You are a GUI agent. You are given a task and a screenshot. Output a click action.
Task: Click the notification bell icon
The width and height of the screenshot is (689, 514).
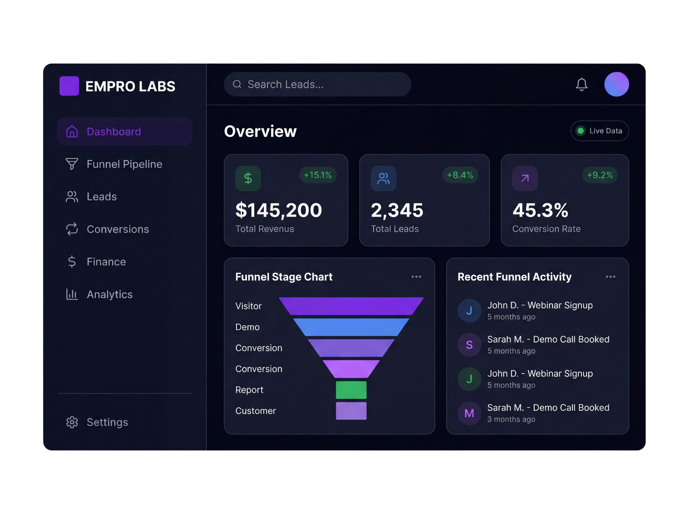(x=581, y=84)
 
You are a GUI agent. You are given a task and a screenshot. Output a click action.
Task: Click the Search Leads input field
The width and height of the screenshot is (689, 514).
(x=317, y=84)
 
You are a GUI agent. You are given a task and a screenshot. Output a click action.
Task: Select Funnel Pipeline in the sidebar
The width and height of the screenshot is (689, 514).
(x=124, y=164)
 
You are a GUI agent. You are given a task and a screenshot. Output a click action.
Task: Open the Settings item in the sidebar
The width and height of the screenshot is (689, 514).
(x=107, y=422)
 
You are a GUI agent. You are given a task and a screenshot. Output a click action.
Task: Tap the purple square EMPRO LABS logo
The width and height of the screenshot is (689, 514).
(x=69, y=86)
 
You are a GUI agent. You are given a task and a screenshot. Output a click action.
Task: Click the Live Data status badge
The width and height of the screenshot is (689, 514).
(x=599, y=131)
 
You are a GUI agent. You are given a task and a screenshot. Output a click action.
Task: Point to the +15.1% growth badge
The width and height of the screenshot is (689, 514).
(x=317, y=175)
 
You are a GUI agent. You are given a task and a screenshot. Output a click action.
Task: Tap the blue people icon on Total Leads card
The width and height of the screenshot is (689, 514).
(x=383, y=178)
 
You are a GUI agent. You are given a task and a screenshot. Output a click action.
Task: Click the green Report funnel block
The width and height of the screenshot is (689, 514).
(x=351, y=390)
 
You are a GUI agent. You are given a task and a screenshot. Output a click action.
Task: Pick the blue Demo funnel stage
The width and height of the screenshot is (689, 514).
(x=351, y=327)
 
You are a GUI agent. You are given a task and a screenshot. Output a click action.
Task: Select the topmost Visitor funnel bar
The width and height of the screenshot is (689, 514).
(x=351, y=306)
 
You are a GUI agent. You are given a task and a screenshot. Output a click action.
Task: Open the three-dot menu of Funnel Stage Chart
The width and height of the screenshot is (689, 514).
(x=416, y=277)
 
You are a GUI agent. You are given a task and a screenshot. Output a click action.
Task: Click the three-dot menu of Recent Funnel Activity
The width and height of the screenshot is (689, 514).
(x=610, y=277)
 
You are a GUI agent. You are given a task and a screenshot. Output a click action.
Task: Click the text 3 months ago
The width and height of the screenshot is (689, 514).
(x=511, y=419)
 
